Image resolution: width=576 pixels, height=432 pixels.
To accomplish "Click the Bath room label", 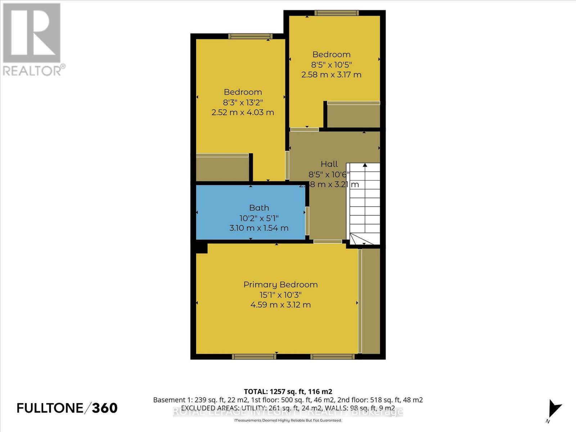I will [259, 208].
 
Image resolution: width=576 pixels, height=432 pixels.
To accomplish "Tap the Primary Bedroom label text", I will [280, 284].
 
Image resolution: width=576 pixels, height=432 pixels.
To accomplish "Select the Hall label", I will [329, 164].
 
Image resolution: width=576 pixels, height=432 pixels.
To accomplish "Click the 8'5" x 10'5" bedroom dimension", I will [331, 65].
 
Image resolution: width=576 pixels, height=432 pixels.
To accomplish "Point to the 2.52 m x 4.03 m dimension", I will [243, 112].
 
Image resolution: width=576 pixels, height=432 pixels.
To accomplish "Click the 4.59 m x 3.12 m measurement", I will [280, 305].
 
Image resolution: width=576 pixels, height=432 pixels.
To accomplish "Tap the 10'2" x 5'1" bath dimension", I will [259, 218].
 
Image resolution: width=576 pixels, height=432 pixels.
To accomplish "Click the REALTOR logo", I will [32, 40].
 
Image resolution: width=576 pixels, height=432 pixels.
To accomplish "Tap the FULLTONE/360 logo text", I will [67, 408].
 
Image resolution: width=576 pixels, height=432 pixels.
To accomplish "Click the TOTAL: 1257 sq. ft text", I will [288, 391].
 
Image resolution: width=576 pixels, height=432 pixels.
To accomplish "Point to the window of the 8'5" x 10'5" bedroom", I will [336, 13].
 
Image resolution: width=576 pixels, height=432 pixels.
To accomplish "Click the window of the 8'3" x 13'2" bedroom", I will [250, 36].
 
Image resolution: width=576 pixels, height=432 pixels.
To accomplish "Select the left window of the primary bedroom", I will [254, 356].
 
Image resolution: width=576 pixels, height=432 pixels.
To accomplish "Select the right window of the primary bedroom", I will [332, 356].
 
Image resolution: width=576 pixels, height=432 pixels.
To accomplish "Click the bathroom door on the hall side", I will [307, 221].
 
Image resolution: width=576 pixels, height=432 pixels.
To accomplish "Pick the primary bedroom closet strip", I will [370, 301].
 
